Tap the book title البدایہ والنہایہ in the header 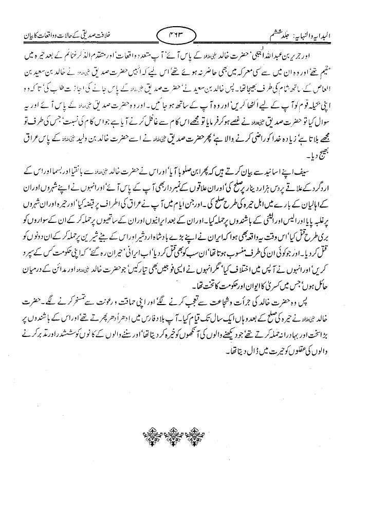(327, 37)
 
